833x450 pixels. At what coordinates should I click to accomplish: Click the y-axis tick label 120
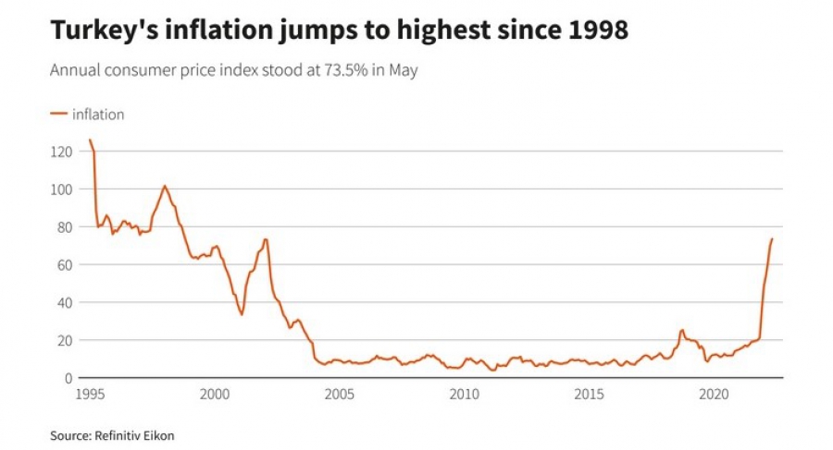60,151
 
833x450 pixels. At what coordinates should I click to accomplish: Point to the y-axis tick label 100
60,189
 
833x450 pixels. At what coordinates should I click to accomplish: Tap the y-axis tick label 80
64,226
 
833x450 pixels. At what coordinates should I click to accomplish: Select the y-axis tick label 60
64,264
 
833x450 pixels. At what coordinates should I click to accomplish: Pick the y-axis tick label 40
64,302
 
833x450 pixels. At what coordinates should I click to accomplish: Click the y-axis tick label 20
64,340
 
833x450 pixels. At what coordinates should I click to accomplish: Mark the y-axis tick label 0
68,378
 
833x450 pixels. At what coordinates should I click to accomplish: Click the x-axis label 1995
89,394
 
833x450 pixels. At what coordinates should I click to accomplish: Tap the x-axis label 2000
214,394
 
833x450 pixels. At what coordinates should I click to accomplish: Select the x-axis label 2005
339,394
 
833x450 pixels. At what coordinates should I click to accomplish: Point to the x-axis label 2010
465,394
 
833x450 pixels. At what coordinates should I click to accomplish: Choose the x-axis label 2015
590,394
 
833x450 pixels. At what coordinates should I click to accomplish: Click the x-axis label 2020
715,394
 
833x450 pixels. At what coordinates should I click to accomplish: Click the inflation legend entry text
98,115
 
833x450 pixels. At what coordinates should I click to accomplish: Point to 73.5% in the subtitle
342,70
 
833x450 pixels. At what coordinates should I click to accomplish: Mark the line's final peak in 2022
772,239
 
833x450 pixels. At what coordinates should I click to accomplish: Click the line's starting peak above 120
90,140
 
